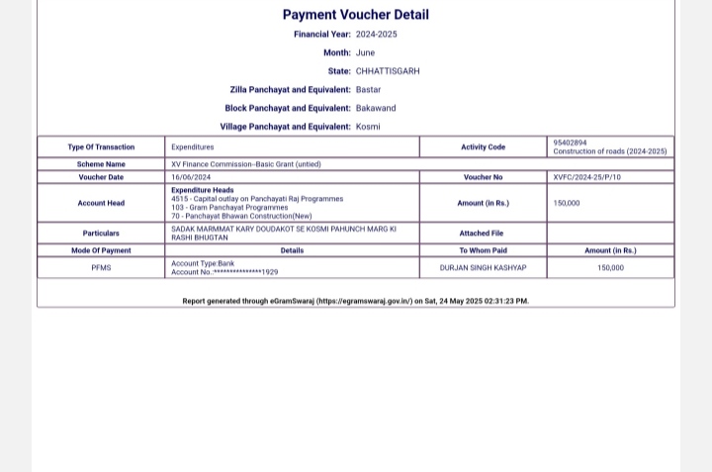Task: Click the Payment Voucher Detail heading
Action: pyautogui.click(x=355, y=15)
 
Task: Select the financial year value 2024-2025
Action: pyautogui.click(x=377, y=35)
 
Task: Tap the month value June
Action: pyautogui.click(x=365, y=52)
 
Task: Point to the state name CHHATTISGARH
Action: pyautogui.click(x=388, y=71)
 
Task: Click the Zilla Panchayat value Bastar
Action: pyautogui.click(x=368, y=90)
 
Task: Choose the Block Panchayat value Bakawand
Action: pyautogui.click(x=376, y=108)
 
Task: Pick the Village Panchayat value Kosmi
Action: pyautogui.click(x=368, y=127)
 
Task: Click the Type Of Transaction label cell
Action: pyautogui.click(x=101, y=147)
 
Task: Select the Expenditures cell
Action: pyautogui.click(x=192, y=147)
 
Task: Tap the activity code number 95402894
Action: pyautogui.click(x=570, y=142)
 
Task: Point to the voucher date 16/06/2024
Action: pyautogui.click(x=191, y=177)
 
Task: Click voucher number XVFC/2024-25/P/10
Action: pyautogui.click(x=587, y=177)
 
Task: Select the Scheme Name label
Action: pyautogui.click(x=101, y=164)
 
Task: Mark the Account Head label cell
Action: pyautogui.click(x=101, y=203)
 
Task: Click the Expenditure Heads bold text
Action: pyautogui.click(x=202, y=190)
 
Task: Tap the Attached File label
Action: pyautogui.click(x=482, y=234)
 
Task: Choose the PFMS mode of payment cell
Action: pyautogui.click(x=101, y=268)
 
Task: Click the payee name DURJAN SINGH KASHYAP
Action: pyautogui.click(x=483, y=268)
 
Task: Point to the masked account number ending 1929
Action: pyautogui.click(x=224, y=272)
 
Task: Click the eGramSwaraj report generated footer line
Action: pyautogui.click(x=355, y=301)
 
